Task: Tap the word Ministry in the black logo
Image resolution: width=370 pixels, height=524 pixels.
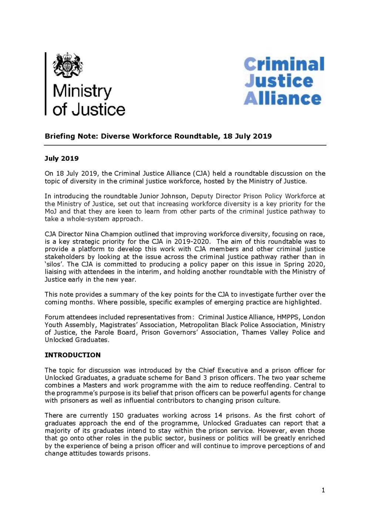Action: pos(82,91)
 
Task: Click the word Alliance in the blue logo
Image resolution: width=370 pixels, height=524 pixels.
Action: pos(282,99)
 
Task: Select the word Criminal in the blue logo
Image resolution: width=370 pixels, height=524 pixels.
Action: pos(284,64)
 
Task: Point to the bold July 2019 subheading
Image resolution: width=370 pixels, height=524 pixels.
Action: pos(61,158)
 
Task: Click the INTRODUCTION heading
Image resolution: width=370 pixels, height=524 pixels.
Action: pos(73,355)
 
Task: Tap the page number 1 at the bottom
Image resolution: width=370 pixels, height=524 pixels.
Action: pos(323,490)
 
